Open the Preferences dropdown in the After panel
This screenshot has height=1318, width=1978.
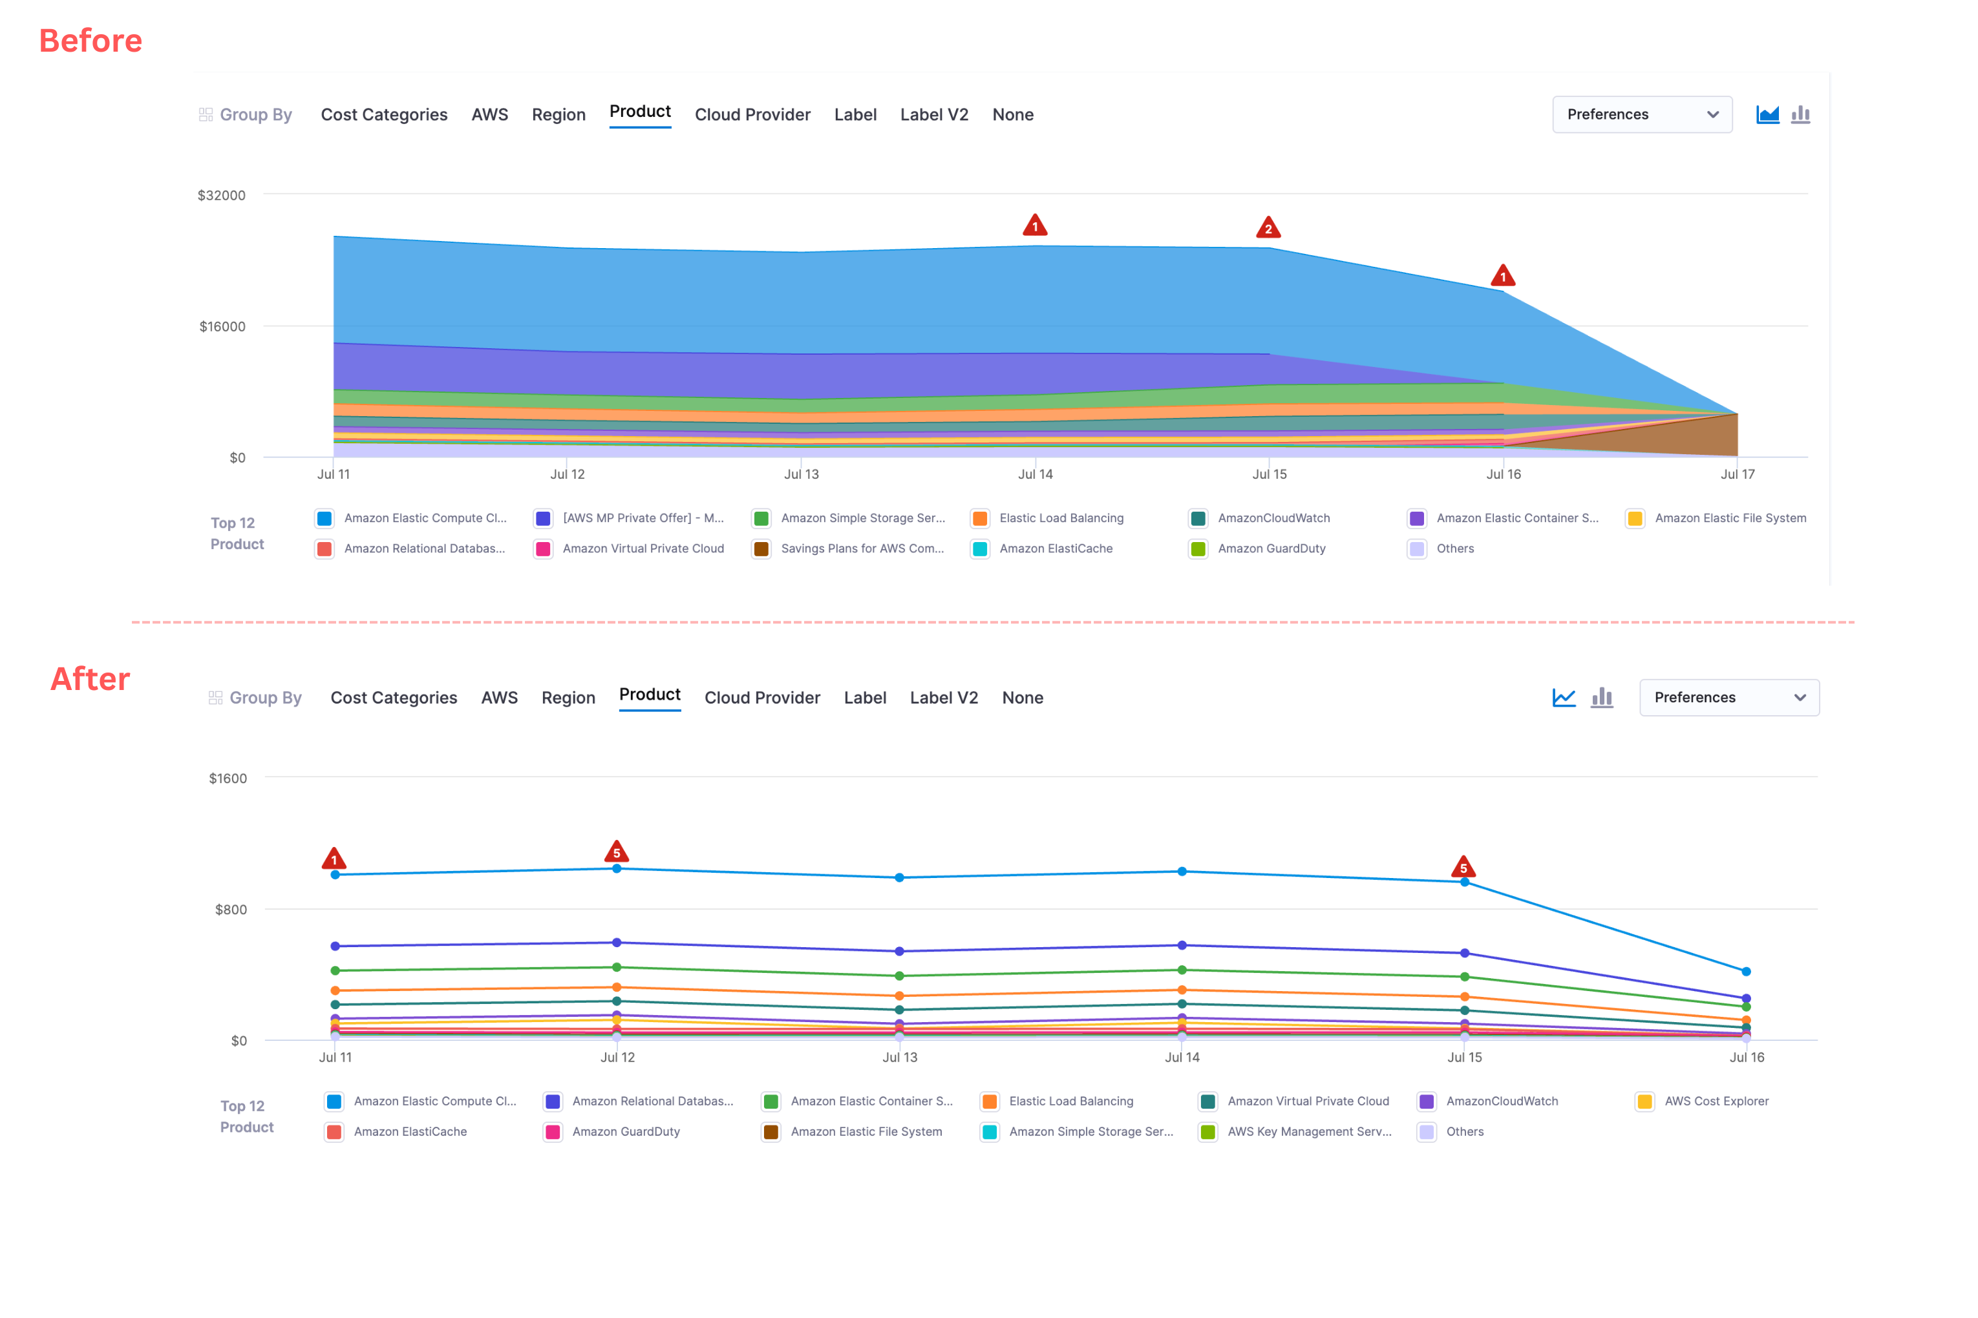pos(1728,698)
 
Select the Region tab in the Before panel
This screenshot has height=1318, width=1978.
pos(558,114)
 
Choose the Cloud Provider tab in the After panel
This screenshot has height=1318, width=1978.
pos(762,698)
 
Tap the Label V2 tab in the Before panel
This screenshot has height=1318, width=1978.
pos(933,114)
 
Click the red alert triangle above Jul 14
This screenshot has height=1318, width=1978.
pos(1034,225)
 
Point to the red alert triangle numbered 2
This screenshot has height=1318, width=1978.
pos(1268,228)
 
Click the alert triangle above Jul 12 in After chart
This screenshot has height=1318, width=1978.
pos(617,852)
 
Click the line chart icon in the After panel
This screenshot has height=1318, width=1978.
pos(1564,698)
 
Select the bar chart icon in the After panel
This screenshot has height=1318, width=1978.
pos(1602,698)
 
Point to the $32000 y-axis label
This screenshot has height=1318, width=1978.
pos(221,195)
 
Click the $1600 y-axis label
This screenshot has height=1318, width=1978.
pos(228,779)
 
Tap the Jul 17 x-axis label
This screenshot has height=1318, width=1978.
pos(1737,474)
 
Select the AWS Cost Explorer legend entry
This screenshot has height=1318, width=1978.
pos(1716,1101)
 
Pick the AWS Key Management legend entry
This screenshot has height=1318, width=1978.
pos(1308,1131)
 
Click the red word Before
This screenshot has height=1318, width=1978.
pos(91,40)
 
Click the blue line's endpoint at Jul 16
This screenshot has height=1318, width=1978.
pos(1746,972)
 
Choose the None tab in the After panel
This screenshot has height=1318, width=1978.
pos(1022,698)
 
